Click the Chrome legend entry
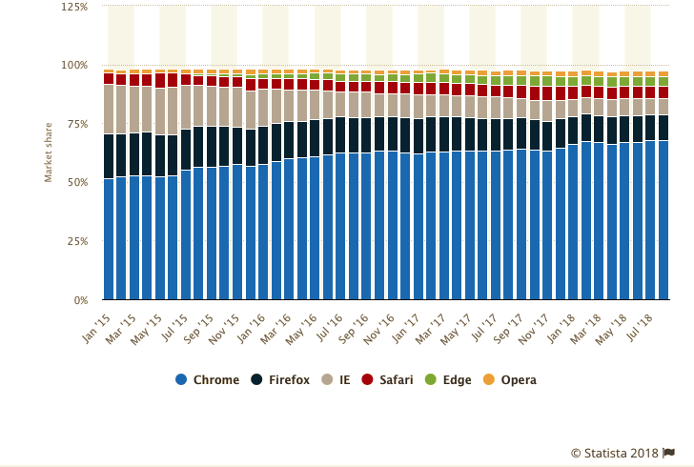click(x=208, y=379)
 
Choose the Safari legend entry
click(x=388, y=379)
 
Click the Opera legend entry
click(x=510, y=379)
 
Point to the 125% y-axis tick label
click(x=73, y=7)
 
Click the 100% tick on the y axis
click(x=73, y=66)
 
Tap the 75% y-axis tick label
click(x=76, y=124)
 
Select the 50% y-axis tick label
click(x=76, y=183)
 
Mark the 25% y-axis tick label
click(x=76, y=242)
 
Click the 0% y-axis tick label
click(x=79, y=301)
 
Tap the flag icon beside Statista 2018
click(x=669, y=453)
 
